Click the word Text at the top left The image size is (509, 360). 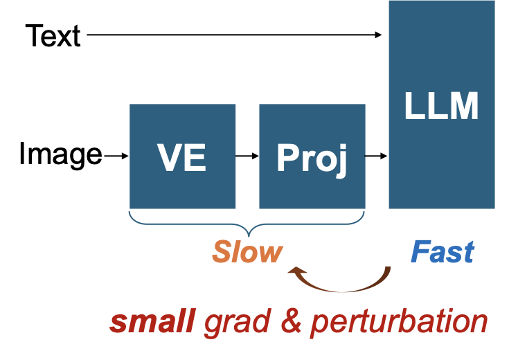pyautogui.click(x=53, y=35)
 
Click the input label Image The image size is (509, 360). pyautogui.click(x=60, y=155)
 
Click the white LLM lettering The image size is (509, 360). pyautogui.click(x=441, y=107)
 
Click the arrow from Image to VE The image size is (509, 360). pyautogui.click(x=116, y=156)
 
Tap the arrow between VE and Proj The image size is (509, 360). pyautogui.click(x=247, y=156)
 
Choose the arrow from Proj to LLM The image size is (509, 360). pyautogui.click(x=376, y=156)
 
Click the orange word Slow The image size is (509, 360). pyautogui.click(x=247, y=253)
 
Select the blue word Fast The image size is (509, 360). pyautogui.click(x=443, y=253)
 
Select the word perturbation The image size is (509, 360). pyautogui.click(x=399, y=323)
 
